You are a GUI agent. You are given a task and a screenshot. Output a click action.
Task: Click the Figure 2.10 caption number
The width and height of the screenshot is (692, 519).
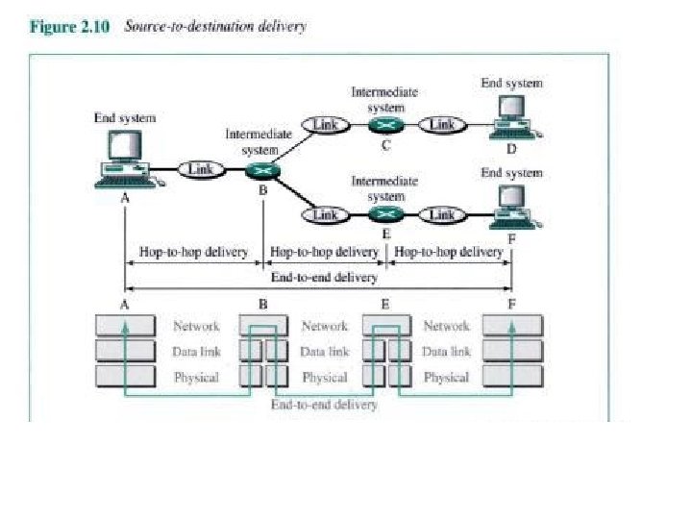pos(70,27)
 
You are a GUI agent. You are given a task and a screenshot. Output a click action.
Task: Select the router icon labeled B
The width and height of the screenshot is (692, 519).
pos(261,170)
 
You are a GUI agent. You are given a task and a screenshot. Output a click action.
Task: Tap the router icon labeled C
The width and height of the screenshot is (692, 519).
pos(385,124)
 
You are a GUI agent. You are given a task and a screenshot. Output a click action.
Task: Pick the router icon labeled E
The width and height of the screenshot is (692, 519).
pos(385,214)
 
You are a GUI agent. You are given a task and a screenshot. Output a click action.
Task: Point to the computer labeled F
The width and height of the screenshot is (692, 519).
pos(510,206)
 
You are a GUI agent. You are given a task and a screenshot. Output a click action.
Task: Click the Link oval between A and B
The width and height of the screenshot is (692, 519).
pos(200,169)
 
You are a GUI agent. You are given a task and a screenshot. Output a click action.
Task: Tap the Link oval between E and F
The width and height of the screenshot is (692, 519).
pos(442,214)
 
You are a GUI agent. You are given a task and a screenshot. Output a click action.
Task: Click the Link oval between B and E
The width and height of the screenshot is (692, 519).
pos(325,214)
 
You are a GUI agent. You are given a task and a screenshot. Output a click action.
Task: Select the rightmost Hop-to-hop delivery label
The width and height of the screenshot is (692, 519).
pos(449,252)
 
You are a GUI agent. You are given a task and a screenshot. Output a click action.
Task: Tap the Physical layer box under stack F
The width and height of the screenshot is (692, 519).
pos(512,377)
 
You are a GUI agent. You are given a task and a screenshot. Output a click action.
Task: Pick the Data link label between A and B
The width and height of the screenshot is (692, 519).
pos(196,352)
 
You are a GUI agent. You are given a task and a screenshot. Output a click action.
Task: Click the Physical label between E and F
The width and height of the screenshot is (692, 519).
pos(446,377)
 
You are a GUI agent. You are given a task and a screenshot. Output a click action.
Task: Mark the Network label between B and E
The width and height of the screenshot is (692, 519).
pos(324,327)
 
